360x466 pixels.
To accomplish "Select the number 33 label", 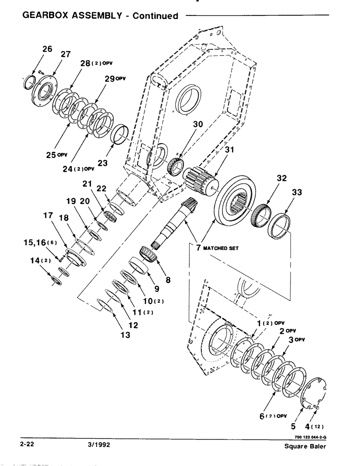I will [x=297, y=192].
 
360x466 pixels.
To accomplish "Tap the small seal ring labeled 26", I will [x=29, y=82].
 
